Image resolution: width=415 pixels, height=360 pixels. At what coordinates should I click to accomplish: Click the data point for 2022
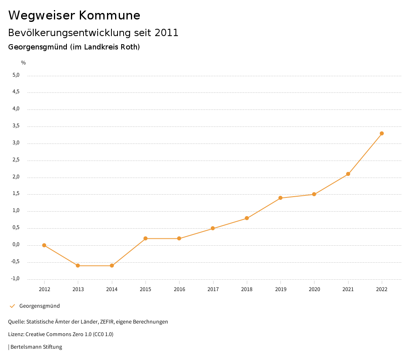pos(382,133)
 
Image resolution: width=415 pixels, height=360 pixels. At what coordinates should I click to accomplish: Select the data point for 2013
pos(78,266)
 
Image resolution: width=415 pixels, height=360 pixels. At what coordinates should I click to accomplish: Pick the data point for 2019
pos(280,198)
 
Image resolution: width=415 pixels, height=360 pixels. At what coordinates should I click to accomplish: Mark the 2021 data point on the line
pos(348,174)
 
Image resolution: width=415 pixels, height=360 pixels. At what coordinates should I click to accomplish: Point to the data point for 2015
pos(145,238)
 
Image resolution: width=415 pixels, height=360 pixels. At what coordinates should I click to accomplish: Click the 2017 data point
pos(213,228)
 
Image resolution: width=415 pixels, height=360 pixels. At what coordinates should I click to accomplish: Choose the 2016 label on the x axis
pos(179,289)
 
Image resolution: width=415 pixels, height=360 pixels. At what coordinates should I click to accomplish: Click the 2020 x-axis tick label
pos(314,289)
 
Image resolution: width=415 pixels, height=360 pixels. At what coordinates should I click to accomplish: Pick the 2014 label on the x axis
pos(112,289)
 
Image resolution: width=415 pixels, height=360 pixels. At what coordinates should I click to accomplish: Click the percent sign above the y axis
pos(24,62)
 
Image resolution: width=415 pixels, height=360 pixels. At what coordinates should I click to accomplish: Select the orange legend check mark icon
pos(12,306)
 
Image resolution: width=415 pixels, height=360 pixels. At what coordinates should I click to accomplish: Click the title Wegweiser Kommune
pos(74,15)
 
